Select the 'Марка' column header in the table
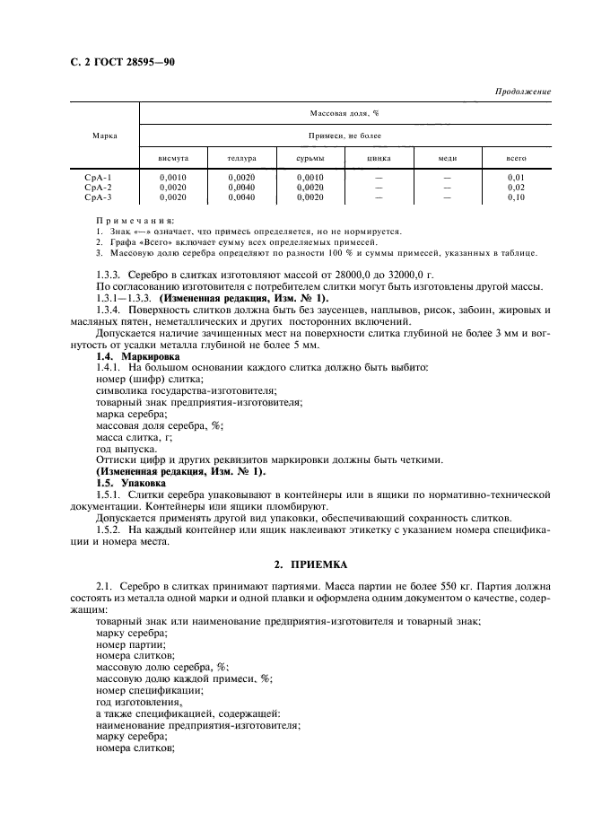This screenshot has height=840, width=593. click(104, 136)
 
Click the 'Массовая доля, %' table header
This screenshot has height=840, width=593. click(344, 114)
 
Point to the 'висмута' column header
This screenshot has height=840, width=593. click(172, 158)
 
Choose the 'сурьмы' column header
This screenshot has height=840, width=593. click(310, 158)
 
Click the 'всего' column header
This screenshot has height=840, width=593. click(516, 158)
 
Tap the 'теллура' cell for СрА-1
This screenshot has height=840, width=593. click(241, 178)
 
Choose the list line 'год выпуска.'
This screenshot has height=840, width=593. click(126, 449)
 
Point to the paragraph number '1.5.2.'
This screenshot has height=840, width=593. click(111, 529)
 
